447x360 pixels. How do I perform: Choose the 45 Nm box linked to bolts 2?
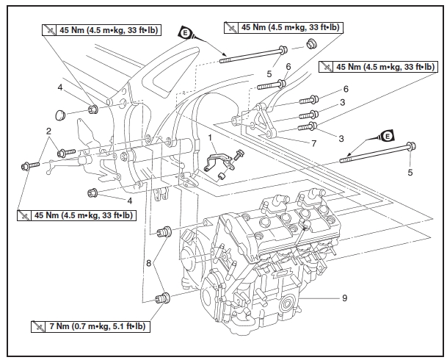[76, 215]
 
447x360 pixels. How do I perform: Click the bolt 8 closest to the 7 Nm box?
[161, 298]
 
